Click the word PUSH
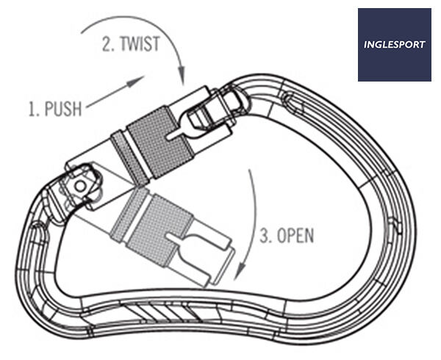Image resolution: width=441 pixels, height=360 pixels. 63,109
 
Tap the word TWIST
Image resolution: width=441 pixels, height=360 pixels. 140,44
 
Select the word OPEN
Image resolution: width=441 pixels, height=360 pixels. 295,236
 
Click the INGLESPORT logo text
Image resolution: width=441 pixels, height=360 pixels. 394,45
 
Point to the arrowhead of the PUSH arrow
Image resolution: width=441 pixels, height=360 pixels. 137,81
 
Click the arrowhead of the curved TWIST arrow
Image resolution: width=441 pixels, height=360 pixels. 182,76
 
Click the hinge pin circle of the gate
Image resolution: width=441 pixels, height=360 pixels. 81,186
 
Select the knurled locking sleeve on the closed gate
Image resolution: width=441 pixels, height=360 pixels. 159,143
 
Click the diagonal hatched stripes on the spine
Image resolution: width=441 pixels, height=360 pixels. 163,312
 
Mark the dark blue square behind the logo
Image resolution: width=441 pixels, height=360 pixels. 394,45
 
